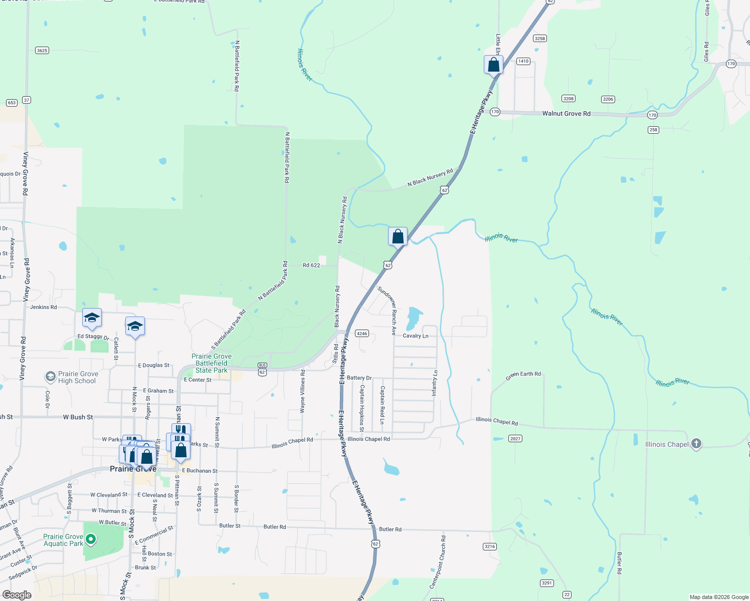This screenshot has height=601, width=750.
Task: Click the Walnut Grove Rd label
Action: (x=566, y=114)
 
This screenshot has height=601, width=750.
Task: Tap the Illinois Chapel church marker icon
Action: (x=696, y=444)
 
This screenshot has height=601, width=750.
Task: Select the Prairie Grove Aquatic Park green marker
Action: (x=91, y=539)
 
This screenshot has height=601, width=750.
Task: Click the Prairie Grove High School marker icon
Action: (x=50, y=376)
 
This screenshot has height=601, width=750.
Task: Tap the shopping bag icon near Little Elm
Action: (x=493, y=65)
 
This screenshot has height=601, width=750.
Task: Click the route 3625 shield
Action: (x=42, y=51)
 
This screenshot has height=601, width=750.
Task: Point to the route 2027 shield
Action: (x=515, y=439)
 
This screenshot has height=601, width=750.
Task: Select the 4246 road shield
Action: (x=362, y=334)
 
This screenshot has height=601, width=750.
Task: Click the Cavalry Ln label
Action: (x=416, y=336)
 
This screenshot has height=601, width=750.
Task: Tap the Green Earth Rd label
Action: (x=523, y=376)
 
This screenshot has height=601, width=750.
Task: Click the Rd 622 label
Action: (x=311, y=265)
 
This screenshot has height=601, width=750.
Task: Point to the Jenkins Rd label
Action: (x=44, y=307)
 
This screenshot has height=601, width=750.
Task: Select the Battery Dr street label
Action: (x=359, y=378)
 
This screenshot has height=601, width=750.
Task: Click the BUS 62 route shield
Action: (x=262, y=369)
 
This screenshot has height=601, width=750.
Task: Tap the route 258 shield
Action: (x=653, y=130)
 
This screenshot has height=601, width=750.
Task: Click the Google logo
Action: (x=17, y=595)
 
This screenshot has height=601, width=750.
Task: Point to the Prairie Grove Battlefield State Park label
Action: (x=212, y=363)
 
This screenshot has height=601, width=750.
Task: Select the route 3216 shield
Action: (x=490, y=546)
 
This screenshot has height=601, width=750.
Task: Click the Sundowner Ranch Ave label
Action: (x=387, y=311)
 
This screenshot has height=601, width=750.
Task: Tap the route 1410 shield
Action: (x=523, y=61)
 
